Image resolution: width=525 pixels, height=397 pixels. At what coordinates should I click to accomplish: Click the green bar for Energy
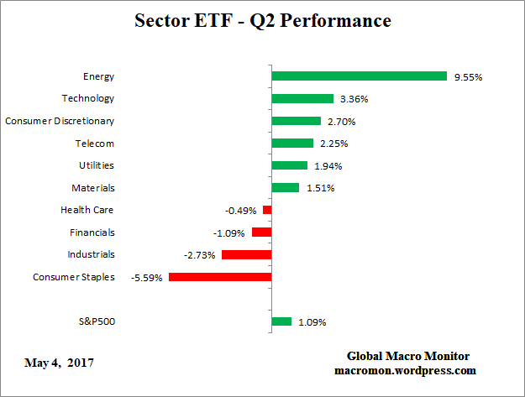(359, 76)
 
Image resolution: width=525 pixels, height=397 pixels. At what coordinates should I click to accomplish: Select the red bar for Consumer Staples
(220, 276)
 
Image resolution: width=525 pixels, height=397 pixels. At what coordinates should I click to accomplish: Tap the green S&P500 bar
(281, 321)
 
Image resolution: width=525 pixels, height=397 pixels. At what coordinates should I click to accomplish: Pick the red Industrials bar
(246, 254)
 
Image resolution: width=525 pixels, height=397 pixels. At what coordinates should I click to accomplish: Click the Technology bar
(302, 98)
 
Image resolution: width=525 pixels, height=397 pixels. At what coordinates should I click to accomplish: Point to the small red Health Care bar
(267, 210)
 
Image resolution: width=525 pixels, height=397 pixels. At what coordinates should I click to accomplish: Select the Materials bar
(285, 188)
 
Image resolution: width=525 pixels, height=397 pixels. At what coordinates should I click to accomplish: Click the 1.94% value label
(326, 166)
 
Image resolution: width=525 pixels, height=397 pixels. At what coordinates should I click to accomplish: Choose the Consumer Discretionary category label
(60, 121)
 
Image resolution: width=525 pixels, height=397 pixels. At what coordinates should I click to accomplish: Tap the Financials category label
(92, 232)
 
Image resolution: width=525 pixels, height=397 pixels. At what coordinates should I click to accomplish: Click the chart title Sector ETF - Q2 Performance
(261, 20)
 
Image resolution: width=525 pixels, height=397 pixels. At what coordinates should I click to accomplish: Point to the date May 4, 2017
(59, 363)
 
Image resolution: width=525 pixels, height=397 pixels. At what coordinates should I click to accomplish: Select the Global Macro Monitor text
(408, 356)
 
